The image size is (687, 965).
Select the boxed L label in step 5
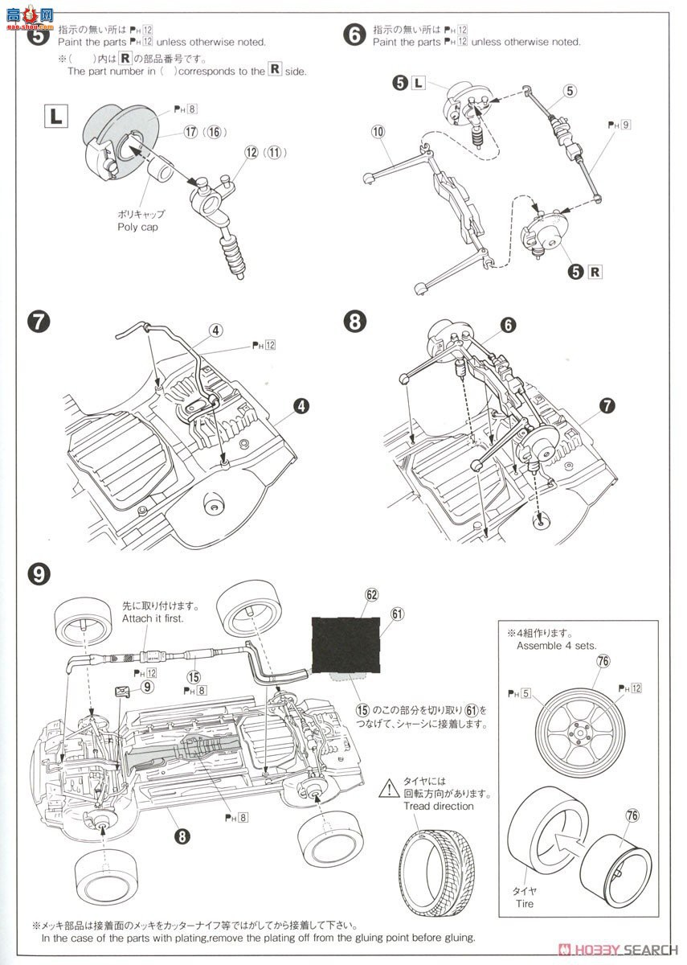(55, 117)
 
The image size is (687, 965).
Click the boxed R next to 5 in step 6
(595, 271)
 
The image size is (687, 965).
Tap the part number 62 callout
(370, 595)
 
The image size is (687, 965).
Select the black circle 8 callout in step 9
(182, 836)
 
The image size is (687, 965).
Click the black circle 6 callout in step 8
(507, 323)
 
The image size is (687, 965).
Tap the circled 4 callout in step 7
(217, 329)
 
